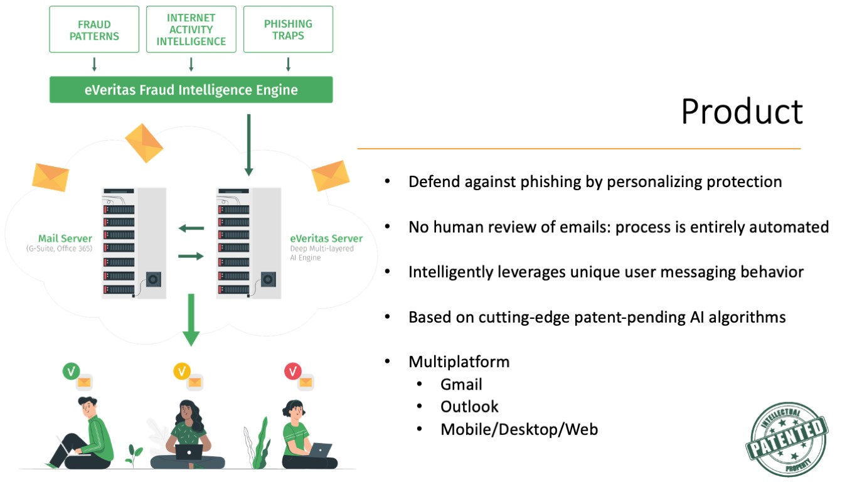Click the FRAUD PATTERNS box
[x=94, y=29]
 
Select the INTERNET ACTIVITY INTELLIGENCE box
[x=191, y=29]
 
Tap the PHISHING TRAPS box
[x=288, y=29]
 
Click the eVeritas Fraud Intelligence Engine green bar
[x=191, y=90]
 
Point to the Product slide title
[x=742, y=111]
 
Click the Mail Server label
[x=65, y=238]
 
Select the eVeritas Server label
[x=326, y=238]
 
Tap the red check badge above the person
[x=292, y=372]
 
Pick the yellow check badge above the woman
[x=182, y=372]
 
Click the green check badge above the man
[x=71, y=372]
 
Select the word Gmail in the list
[x=461, y=384]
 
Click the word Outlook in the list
[x=469, y=407]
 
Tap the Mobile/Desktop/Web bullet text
[x=519, y=429]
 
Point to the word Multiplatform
[x=459, y=361]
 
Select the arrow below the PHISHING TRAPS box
[x=288, y=64]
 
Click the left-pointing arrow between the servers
[x=191, y=228]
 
